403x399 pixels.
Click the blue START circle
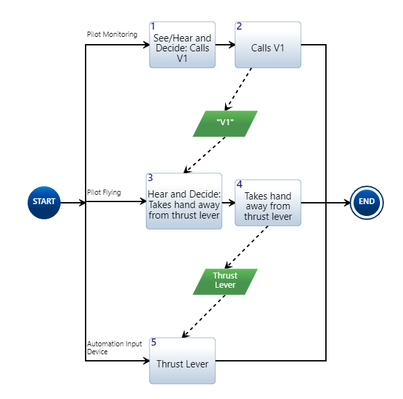click(44, 201)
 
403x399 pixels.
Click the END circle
click(367, 201)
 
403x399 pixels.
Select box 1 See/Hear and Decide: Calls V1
click(182, 45)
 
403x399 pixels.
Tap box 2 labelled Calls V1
click(268, 45)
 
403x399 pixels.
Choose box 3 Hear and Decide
click(184, 201)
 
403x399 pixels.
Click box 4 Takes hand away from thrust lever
click(268, 203)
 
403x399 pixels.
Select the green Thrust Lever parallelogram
click(225, 281)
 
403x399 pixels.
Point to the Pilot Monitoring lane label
click(112, 34)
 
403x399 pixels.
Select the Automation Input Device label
click(114, 348)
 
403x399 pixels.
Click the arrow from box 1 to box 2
click(225, 45)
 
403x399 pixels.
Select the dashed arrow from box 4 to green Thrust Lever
click(247, 248)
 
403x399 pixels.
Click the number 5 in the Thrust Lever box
click(153, 342)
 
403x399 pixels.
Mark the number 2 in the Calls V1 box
click(239, 26)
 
